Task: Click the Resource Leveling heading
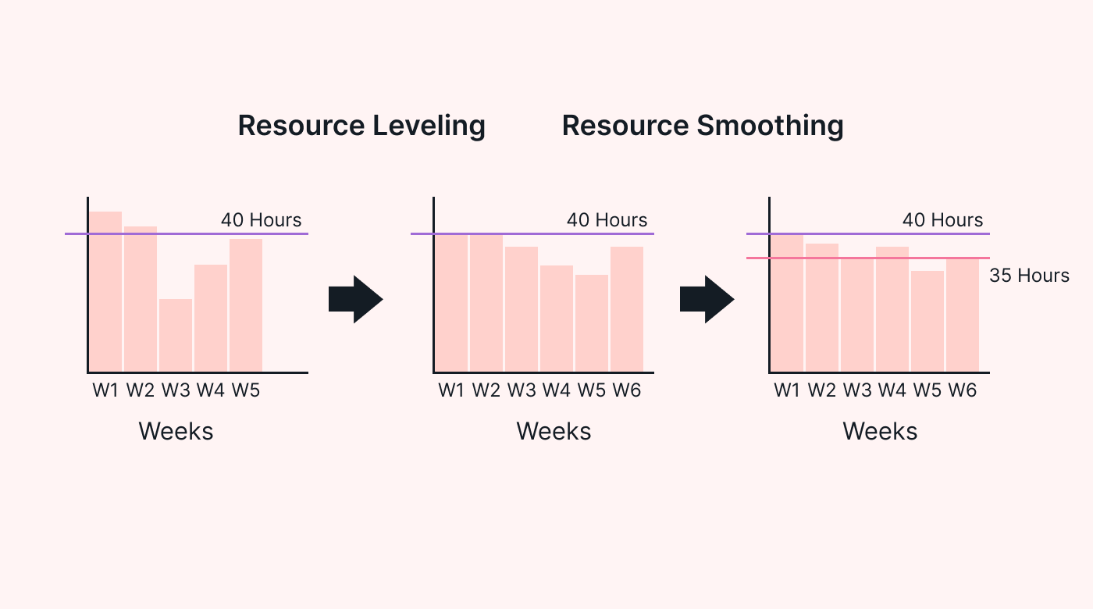tap(361, 126)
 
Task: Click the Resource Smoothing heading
tap(703, 126)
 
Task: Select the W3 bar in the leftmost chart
tap(176, 335)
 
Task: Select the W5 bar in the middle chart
tap(592, 323)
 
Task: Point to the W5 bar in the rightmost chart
tap(927, 321)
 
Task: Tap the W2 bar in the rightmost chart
tap(822, 308)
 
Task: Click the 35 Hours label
tap(1029, 276)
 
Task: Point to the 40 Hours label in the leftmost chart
tap(261, 220)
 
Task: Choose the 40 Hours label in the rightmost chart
tap(942, 220)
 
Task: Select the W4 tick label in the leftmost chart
tap(211, 390)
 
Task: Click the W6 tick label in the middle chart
tap(626, 390)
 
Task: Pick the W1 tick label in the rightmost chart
tap(787, 390)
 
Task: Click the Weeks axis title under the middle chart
tap(554, 431)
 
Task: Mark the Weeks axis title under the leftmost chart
tap(176, 431)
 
